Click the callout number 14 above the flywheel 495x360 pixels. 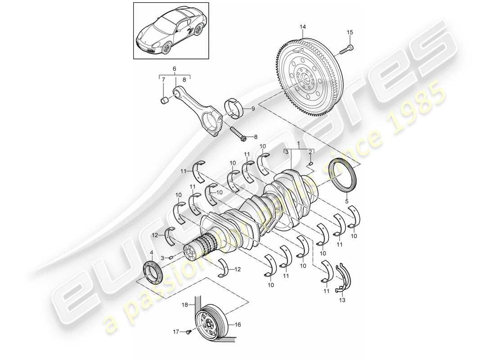pos(303,27)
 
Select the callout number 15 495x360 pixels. pos(350,32)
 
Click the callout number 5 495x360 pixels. pos(346,201)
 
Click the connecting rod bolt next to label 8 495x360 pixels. pos(237,134)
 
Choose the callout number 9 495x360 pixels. pos(252,108)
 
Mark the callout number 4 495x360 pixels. pos(151,258)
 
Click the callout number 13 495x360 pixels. pos(342,300)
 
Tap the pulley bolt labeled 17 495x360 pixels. pos(189,332)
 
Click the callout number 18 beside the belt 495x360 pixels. pos(184,305)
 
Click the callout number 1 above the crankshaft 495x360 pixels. pos(297,144)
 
